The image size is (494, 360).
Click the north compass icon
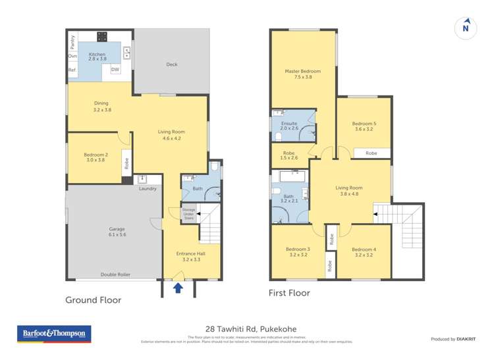coord(466,28)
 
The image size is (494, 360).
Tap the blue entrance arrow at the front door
coord(177,288)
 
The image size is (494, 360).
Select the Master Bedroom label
coord(302,74)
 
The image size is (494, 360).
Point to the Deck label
coord(172,64)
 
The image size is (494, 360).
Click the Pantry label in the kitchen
coord(72,41)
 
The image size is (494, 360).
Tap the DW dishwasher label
coord(115,70)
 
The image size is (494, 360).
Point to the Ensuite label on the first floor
coord(289,126)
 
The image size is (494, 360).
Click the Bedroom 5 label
coord(364,126)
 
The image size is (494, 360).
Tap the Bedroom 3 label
coord(298,252)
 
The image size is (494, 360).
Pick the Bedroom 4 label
coord(364,252)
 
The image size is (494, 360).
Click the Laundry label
coord(148,189)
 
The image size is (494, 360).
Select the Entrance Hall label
coord(188,257)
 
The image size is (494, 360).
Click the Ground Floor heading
coord(93,300)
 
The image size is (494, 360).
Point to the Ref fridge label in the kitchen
coord(72,70)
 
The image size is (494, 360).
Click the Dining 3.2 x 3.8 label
coord(101,107)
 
